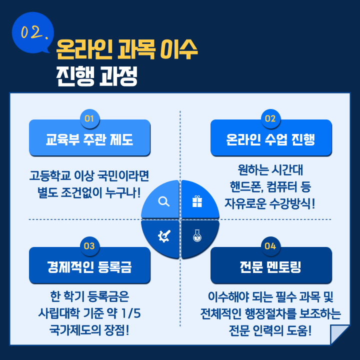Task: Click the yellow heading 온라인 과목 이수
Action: pos(127,50)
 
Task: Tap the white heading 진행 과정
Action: pos(97,76)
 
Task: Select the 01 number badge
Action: pos(89,119)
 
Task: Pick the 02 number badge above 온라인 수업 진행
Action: pos(270,119)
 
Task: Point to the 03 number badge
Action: pos(89,245)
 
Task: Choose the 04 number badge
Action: pos(270,245)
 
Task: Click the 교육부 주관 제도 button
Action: pos(89,138)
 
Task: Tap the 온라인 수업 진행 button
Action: pos(270,138)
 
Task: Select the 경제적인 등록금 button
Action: pos(89,265)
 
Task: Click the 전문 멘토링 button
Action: pos(270,265)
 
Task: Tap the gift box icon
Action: pos(197,201)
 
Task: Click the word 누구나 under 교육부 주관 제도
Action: pos(118,192)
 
